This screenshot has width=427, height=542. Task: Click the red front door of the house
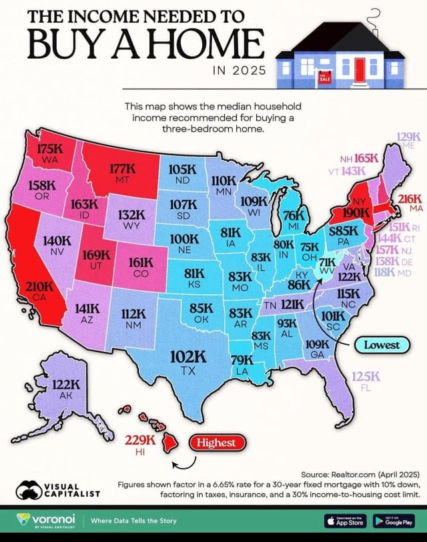coord(361,69)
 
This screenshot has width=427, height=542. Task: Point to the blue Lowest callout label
coord(382,345)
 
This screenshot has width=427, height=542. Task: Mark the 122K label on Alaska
coord(67,385)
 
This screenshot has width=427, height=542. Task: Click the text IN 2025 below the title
coord(238,70)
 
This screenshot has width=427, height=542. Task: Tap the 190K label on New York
coord(357,212)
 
